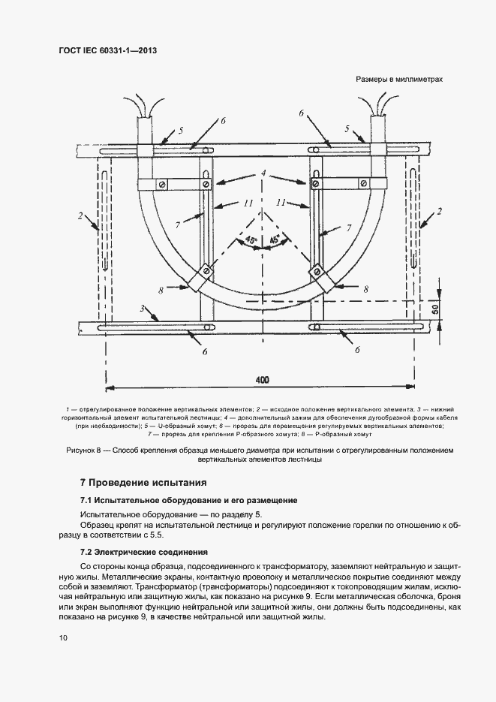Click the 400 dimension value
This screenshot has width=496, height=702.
point(262,380)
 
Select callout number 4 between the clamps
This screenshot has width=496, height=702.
point(263,173)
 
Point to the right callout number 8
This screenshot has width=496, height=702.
point(365,288)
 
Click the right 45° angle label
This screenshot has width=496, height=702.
point(275,239)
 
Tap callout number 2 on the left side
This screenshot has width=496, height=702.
point(79,216)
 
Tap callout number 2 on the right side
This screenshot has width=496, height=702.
point(440,212)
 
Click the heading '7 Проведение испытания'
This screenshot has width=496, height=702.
point(143,482)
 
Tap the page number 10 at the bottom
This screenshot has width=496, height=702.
point(63,638)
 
